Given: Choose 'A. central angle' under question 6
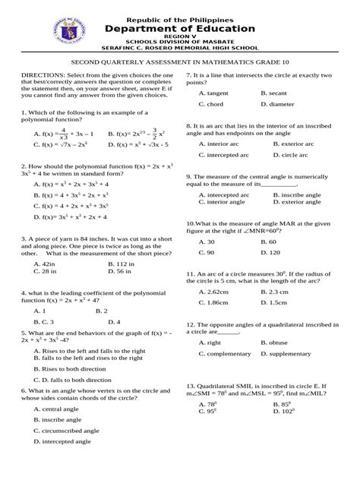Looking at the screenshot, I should pyautogui.click(x=59, y=408).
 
